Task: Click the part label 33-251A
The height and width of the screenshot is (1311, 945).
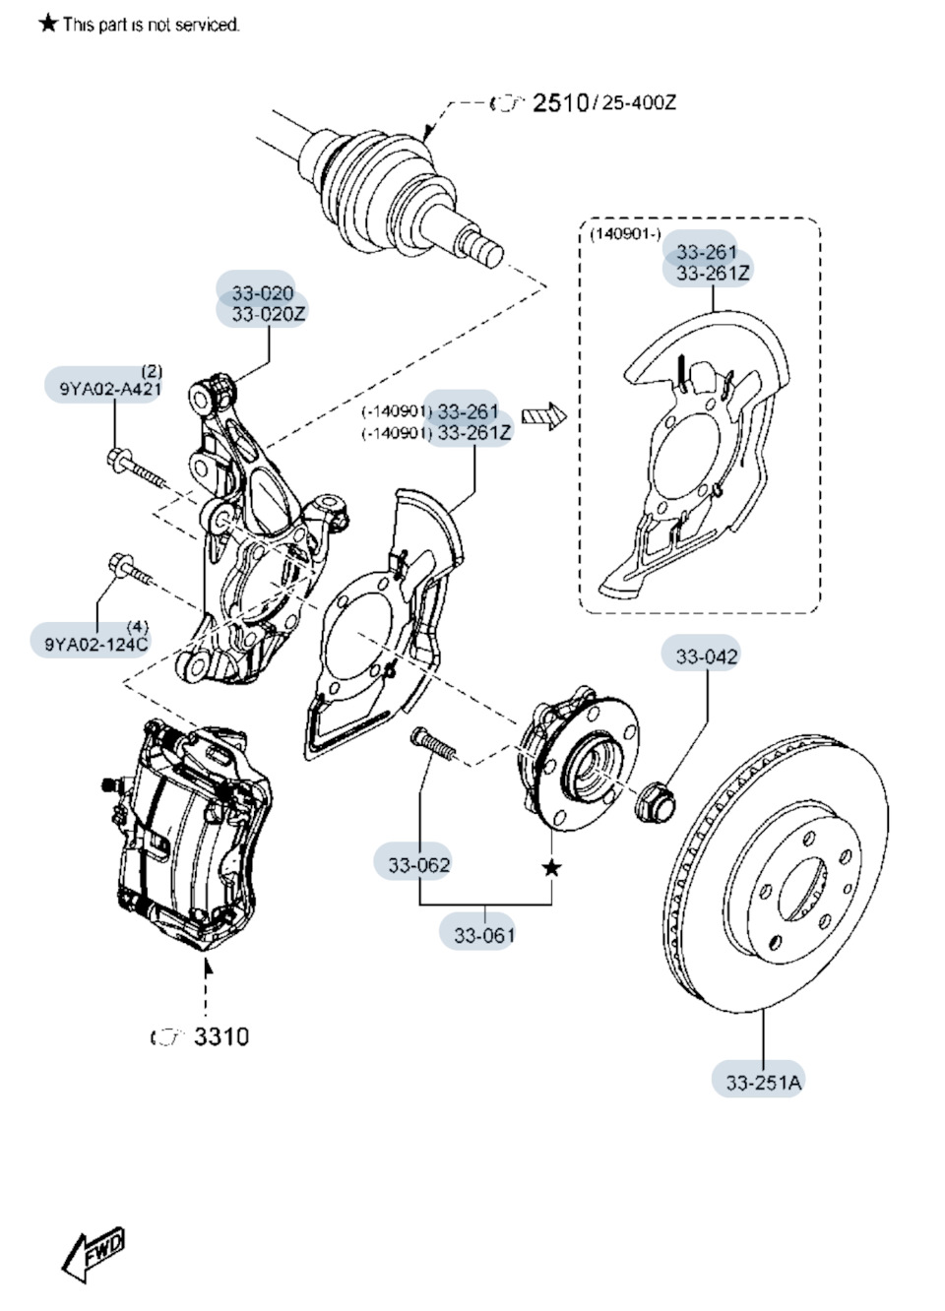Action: [763, 1082]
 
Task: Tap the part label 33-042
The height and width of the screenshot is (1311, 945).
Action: [706, 655]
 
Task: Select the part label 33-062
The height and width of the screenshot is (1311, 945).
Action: [418, 864]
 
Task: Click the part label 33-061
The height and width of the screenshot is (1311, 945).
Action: [483, 934]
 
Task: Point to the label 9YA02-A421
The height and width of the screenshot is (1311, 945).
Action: [103, 388]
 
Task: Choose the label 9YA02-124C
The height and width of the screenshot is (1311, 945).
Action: [95, 644]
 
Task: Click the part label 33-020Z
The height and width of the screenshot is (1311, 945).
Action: [269, 314]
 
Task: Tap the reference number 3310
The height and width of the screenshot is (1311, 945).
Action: [220, 1036]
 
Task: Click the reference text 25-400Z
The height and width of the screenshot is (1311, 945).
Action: [639, 102]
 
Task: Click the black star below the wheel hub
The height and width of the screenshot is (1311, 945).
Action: [552, 867]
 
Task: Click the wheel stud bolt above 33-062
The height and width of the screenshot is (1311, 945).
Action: [434, 743]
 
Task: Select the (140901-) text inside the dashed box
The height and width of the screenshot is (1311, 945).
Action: [625, 234]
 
